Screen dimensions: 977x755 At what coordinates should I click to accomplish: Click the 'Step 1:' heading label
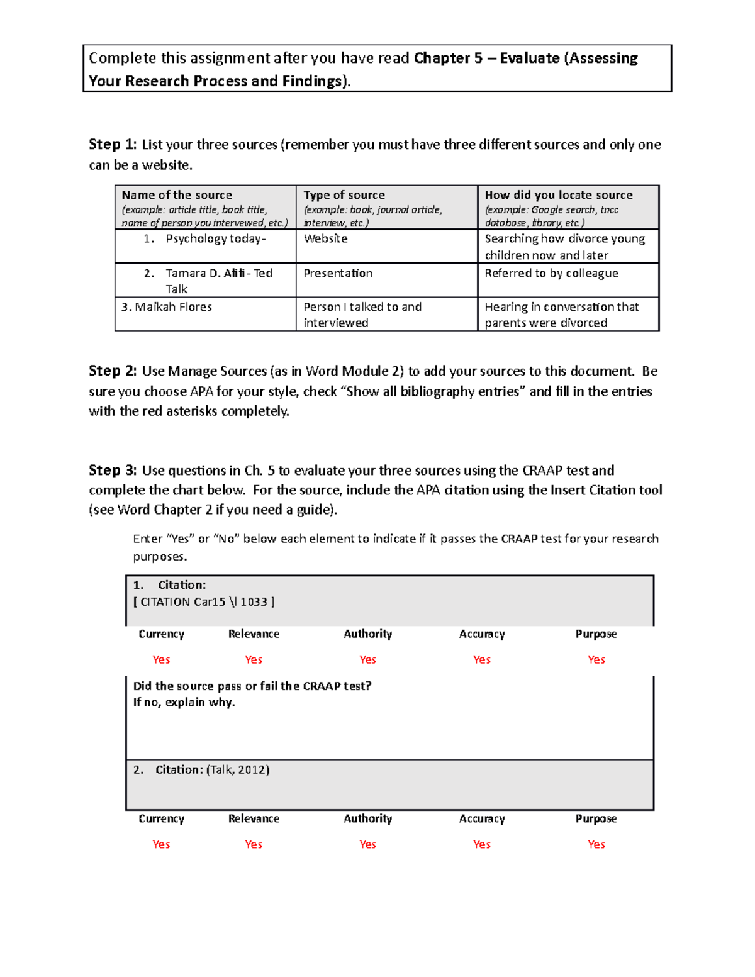coord(112,145)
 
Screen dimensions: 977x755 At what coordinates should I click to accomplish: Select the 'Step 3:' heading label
coord(112,471)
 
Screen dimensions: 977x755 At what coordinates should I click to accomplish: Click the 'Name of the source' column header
coord(177,195)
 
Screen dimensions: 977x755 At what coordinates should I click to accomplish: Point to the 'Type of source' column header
coord(344,195)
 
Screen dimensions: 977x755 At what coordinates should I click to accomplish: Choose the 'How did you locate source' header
coord(559,195)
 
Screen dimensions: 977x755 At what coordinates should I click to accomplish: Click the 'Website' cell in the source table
coord(325,238)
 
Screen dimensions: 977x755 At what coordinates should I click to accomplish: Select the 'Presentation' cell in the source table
coord(338,273)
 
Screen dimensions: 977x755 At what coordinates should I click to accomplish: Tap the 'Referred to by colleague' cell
coord(551,273)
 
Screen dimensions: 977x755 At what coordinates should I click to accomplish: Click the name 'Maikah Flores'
coord(173,307)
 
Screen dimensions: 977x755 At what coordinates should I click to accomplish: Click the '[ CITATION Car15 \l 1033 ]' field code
coord(204,602)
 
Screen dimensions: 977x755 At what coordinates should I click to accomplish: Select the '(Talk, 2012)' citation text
coord(238,769)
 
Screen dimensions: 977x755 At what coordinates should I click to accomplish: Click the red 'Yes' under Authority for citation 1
coord(367,659)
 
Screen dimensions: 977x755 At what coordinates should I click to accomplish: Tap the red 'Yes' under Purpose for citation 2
coord(596,844)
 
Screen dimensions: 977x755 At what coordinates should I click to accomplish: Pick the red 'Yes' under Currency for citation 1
coord(161,659)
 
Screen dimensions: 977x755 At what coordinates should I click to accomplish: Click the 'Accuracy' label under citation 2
coord(481,818)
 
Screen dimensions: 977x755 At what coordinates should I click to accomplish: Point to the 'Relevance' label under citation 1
coord(254,634)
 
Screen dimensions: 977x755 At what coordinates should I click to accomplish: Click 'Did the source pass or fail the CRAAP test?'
coord(252,686)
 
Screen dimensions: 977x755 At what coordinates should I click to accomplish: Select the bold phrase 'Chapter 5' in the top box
coord(448,59)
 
